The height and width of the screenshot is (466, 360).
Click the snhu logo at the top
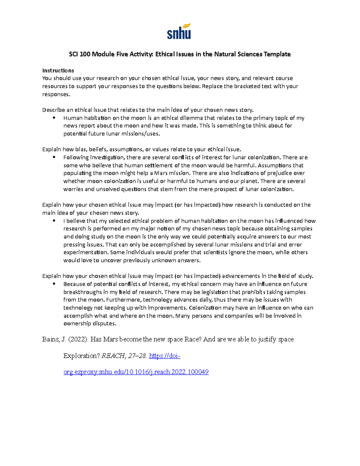(x=179, y=32)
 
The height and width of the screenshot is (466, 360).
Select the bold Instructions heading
(x=58, y=71)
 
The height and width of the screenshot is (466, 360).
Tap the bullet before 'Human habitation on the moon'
(x=54, y=118)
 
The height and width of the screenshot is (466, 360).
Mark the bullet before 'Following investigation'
(x=54, y=158)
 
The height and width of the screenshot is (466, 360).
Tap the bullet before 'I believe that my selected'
(x=54, y=221)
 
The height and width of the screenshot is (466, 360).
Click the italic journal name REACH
(x=113, y=356)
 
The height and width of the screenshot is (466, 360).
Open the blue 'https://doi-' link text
(x=164, y=356)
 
